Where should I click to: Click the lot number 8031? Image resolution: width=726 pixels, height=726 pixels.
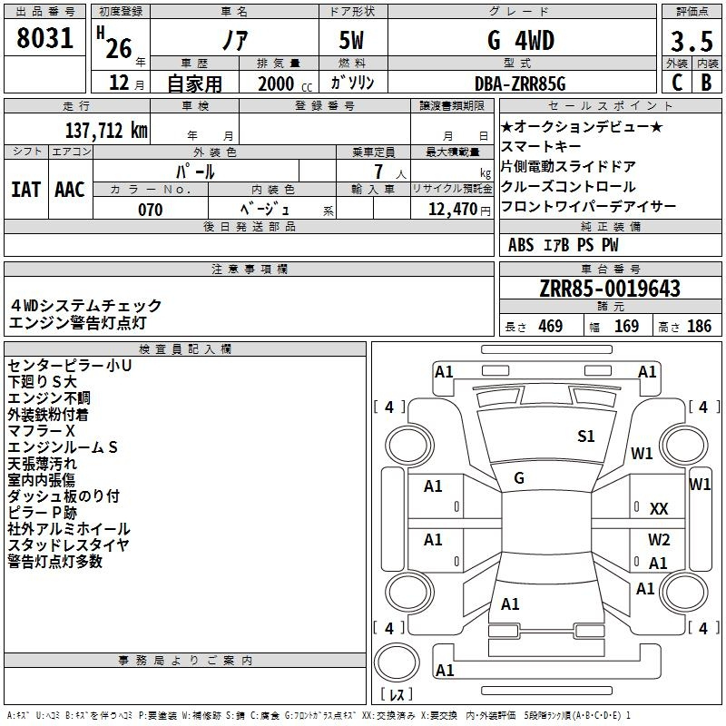click(44, 38)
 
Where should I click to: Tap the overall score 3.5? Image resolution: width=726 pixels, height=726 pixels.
click(692, 41)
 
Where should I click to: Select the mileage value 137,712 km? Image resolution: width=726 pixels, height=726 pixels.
click(106, 131)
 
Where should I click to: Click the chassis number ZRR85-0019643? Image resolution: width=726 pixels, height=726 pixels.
click(610, 289)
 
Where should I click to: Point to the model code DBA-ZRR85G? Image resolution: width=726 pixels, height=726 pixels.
click(520, 83)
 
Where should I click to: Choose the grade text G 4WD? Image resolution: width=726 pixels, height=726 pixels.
click(521, 41)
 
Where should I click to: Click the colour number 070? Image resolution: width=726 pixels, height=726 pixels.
click(151, 210)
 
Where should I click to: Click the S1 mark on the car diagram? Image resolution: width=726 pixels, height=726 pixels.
click(585, 437)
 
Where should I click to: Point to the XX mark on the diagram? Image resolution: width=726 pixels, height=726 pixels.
click(659, 509)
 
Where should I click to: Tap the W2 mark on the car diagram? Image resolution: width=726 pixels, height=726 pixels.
click(659, 540)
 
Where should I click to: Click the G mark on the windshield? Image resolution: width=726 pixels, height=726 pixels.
click(519, 478)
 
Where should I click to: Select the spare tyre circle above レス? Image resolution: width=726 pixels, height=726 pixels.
click(397, 662)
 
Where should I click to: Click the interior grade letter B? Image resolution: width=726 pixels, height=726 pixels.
click(706, 83)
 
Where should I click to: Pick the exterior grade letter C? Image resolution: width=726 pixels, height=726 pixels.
click(677, 83)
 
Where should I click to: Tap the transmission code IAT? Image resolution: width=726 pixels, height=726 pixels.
click(26, 190)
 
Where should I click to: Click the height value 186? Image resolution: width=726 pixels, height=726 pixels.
click(699, 327)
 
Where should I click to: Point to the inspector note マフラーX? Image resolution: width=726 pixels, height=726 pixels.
click(41, 431)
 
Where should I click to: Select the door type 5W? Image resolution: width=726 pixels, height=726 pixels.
click(351, 40)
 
